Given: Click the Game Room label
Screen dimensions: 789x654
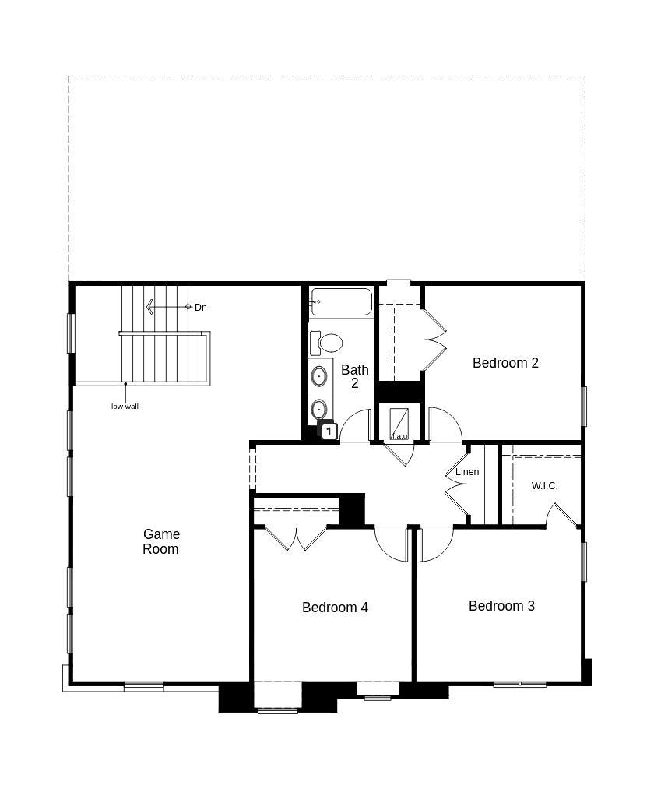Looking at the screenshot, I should (161, 541).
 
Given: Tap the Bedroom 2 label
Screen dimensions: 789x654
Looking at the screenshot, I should (505, 362).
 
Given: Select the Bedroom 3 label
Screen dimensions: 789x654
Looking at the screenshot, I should (501, 605).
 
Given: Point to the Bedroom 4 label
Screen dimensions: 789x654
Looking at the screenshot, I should (335, 607).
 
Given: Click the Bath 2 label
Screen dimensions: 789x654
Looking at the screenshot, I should (354, 376).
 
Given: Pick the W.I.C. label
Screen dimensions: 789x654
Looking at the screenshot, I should (544, 485).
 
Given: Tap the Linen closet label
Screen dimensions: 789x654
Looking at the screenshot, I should (467, 471).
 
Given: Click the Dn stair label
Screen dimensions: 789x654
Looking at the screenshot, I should (201, 308).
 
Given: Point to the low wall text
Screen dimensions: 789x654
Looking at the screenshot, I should (125, 406).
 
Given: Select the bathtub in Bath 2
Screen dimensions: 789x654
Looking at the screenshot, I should (341, 302).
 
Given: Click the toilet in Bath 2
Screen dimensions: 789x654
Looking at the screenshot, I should (329, 343).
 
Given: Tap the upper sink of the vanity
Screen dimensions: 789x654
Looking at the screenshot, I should (319, 377).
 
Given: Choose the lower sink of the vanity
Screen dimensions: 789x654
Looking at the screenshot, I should (318, 408).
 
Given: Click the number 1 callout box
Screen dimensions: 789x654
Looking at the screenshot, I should (329, 431).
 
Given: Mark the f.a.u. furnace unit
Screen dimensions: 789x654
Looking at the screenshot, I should (399, 424).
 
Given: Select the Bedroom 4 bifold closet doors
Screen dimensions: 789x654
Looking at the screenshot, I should (296, 537).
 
